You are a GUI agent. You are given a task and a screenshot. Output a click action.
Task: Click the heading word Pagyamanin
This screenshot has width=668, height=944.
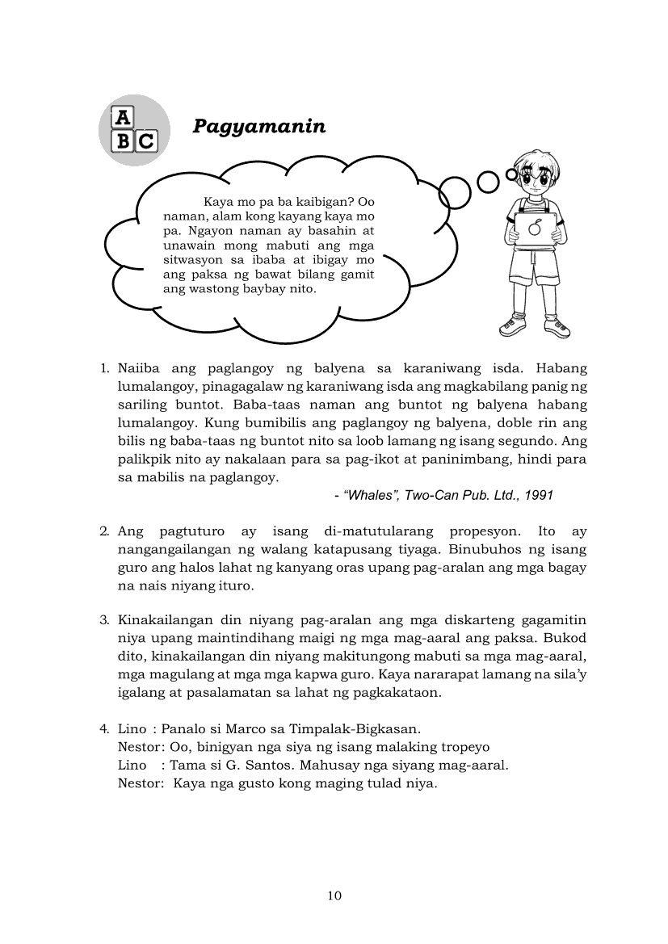click(258, 126)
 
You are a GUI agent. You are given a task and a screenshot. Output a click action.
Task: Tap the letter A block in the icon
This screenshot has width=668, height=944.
click(122, 117)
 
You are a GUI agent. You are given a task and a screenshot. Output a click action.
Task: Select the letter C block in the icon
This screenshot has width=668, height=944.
click(145, 141)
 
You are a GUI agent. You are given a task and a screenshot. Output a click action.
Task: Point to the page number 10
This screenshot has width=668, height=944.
click(334, 895)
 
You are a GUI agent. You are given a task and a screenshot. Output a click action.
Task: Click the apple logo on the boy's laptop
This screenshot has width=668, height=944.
click(534, 229)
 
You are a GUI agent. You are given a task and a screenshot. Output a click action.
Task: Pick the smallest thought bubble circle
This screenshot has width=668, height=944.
click(511, 174)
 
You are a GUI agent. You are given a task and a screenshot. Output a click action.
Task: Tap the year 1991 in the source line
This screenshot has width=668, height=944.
click(539, 495)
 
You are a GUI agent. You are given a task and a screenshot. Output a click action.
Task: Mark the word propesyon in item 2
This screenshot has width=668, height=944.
click(480, 531)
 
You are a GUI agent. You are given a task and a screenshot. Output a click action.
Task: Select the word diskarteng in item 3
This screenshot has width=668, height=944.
click(485, 620)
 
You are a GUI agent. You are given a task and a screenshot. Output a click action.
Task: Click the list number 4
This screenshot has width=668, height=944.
click(104, 728)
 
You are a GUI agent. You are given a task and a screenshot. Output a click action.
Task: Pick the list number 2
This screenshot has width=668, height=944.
click(104, 531)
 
